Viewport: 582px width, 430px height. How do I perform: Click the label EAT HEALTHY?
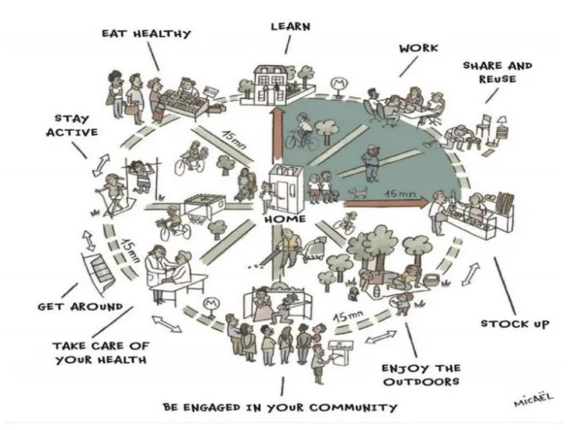point(146,34)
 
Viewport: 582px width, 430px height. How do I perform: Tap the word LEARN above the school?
point(291,26)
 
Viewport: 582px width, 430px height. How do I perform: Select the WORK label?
point(418,48)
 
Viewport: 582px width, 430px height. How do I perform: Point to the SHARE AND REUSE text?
point(497,72)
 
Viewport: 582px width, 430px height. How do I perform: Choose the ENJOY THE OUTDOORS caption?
point(420,375)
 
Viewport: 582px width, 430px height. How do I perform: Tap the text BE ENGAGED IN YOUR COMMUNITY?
point(280,407)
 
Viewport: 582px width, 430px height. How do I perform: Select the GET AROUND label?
point(80,307)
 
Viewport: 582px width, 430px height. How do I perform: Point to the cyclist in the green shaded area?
point(301,132)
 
